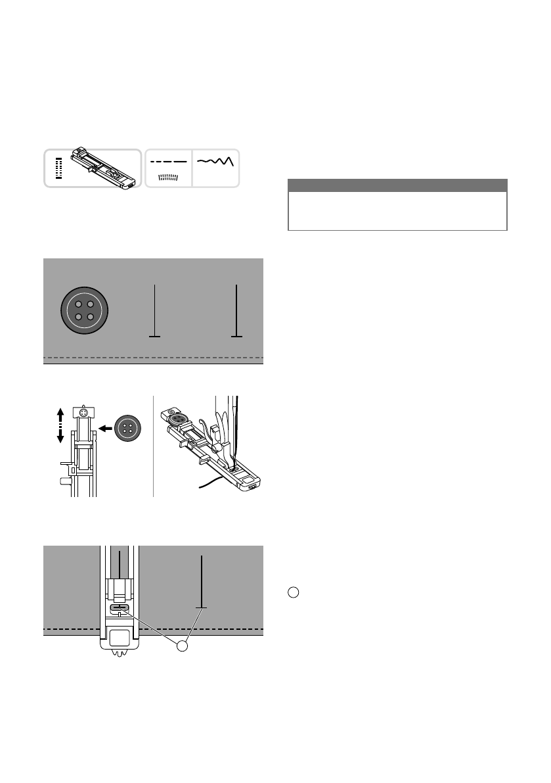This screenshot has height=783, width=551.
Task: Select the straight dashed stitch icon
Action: (168, 161)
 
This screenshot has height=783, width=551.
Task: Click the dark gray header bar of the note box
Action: (397, 185)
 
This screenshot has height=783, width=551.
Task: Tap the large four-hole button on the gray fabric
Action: (84, 310)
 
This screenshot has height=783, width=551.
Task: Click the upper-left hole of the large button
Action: (77, 303)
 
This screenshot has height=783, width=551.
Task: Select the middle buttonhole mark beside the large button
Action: (155, 311)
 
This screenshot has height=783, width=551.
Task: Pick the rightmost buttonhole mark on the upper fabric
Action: (236, 311)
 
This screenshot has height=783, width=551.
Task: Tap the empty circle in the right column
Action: (293, 592)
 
